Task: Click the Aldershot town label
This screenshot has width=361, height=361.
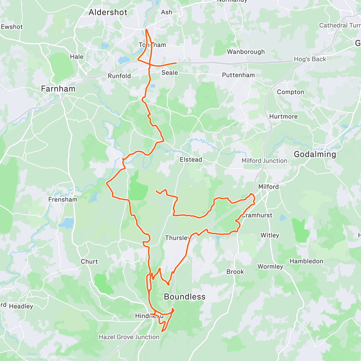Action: click(x=108, y=12)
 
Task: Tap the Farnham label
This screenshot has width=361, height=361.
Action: click(x=58, y=89)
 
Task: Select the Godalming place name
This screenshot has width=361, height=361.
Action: click(x=315, y=154)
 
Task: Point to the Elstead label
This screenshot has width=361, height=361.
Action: click(x=191, y=159)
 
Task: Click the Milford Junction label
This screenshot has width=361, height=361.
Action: click(x=264, y=161)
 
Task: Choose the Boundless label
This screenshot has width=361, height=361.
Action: click(x=184, y=297)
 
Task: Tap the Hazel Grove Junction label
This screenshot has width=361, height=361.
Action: click(x=129, y=337)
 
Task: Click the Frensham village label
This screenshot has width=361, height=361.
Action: click(x=63, y=199)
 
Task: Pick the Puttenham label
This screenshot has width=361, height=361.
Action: click(x=238, y=75)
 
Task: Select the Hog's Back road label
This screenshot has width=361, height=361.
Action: click(x=310, y=59)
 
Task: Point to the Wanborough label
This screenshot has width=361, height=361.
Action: click(x=246, y=52)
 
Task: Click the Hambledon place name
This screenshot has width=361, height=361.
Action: click(x=306, y=261)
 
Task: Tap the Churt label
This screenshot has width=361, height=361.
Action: click(x=89, y=261)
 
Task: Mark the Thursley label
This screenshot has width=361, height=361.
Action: click(x=177, y=238)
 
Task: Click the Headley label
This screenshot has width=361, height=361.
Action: click(x=21, y=306)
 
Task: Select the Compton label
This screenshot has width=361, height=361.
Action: click(x=290, y=92)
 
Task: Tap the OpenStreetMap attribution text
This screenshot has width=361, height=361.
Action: click(x=63, y=357)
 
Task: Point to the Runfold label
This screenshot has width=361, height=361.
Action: click(x=119, y=76)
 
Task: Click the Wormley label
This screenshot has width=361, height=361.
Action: click(x=270, y=267)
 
